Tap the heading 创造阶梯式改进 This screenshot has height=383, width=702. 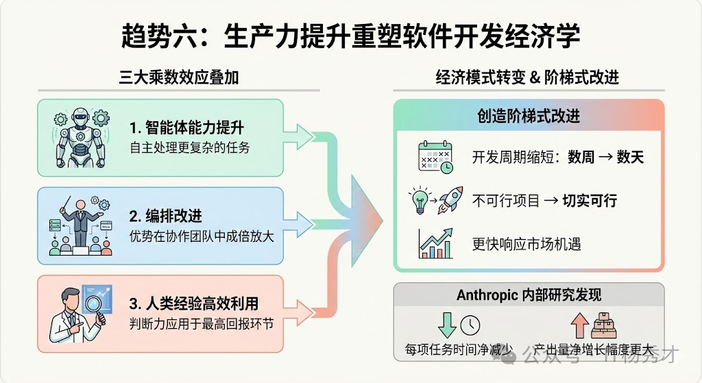click(529, 116)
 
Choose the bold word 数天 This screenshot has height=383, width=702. click(630, 158)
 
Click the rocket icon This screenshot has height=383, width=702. click(450, 199)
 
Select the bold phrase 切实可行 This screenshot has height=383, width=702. click(590, 200)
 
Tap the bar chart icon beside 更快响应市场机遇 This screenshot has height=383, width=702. click(435, 243)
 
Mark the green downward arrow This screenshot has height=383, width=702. click(447, 324)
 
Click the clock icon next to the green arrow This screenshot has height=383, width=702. click(470, 325)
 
